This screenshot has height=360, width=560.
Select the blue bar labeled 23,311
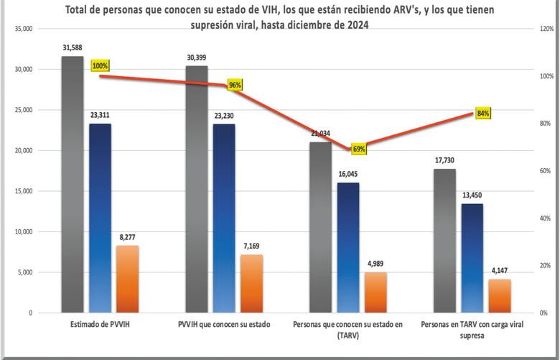100,218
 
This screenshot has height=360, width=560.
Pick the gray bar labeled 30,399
197,190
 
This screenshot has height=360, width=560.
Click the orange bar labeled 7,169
251,284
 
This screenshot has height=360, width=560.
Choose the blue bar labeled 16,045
348,248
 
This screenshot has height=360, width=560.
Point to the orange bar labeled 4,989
375,292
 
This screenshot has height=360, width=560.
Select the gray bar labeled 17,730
444,241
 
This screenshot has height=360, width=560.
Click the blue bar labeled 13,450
472,258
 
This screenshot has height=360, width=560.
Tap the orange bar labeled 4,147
499,295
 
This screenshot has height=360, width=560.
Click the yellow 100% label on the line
100,66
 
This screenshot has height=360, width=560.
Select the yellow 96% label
235,85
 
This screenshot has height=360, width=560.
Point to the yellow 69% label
359,149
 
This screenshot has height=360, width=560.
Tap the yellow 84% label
482,114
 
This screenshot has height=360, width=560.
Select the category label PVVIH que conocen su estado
224,325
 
